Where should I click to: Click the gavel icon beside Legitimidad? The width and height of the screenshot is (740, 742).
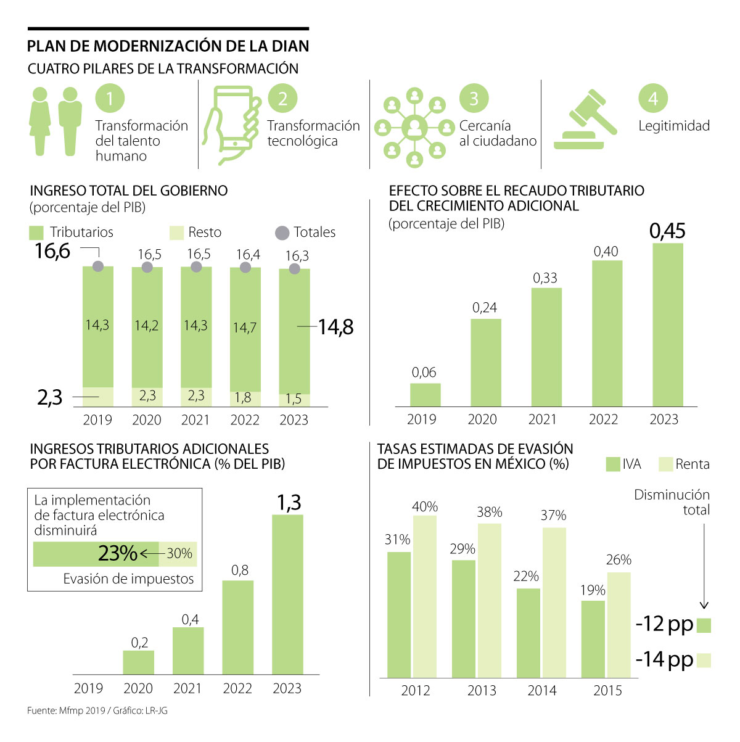coord(585,120)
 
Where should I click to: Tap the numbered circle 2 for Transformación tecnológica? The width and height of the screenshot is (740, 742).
coord(283,99)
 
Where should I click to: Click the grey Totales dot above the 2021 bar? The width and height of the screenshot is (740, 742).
coord(196,266)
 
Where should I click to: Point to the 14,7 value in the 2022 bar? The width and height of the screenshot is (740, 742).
coord(245,328)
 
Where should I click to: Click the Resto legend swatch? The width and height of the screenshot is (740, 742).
coord(177,233)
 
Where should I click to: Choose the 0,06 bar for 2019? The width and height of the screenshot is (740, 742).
coord(425,395)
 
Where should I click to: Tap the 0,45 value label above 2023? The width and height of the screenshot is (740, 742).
coord(667,231)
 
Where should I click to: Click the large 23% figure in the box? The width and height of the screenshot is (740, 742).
coord(117,553)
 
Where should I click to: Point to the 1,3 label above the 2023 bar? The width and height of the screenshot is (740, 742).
coord(288,503)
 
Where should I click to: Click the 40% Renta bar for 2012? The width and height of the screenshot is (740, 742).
coord(425,596)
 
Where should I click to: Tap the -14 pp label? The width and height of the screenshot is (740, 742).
coord(664,660)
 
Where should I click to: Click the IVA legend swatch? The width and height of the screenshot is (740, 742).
coord(613,464)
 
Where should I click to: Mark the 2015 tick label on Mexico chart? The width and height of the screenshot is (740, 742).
coord(607,691)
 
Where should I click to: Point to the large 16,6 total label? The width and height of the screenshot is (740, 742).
coord(52,251)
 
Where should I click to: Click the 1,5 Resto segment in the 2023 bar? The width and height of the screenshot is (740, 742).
coord(294,400)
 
